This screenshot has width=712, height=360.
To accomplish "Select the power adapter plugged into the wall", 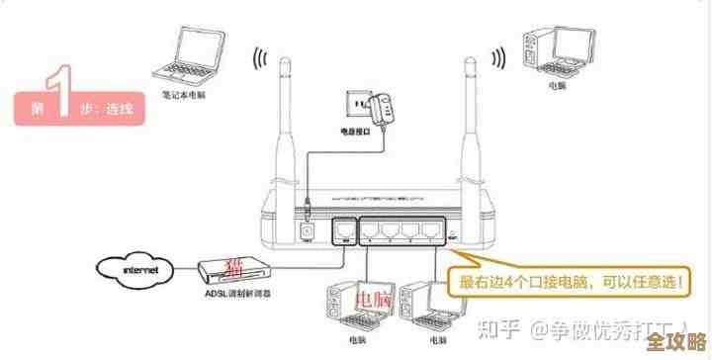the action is pyautogui.click(x=383, y=104).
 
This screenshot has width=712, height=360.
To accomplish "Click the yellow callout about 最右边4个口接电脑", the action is pyautogui.click(x=568, y=282).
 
